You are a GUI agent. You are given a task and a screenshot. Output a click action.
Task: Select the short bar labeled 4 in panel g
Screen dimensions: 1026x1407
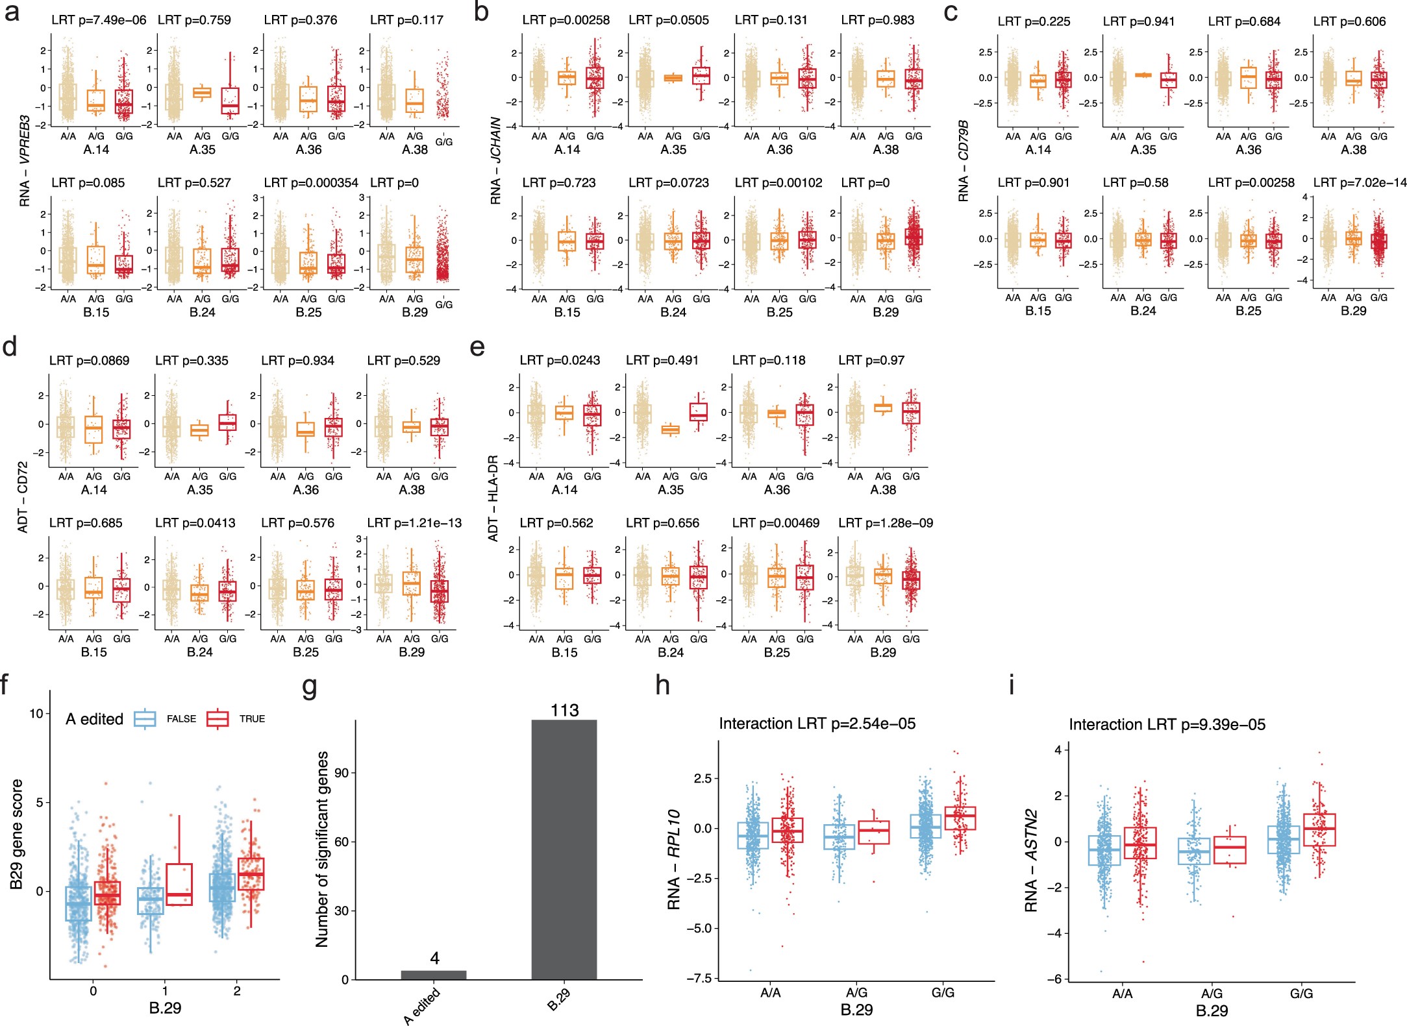434,975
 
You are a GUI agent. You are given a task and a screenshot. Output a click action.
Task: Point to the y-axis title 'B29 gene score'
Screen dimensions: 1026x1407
17,834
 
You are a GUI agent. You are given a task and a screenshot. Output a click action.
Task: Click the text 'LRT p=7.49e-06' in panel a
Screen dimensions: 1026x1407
99,20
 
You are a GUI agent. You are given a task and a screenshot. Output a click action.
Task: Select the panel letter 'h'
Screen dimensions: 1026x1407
662,686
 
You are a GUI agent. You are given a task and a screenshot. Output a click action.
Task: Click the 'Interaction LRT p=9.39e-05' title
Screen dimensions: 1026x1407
1167,724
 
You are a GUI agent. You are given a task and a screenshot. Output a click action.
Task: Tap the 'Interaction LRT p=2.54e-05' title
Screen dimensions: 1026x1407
817,724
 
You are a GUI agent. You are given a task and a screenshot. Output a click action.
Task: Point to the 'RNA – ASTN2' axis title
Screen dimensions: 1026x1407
1031,860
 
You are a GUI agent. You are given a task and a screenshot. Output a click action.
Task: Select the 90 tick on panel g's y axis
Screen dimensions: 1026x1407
342,773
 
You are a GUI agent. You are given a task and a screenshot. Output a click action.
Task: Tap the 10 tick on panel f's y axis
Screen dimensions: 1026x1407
36,713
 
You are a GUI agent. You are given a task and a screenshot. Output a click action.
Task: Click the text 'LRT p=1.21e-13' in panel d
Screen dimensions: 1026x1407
414,523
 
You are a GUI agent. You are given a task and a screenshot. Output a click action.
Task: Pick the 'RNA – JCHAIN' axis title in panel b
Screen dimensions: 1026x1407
496,160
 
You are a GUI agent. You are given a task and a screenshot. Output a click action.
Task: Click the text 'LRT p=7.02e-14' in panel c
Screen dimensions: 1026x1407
1360,183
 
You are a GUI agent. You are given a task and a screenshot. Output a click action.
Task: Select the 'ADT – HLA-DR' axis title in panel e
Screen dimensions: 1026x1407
493,498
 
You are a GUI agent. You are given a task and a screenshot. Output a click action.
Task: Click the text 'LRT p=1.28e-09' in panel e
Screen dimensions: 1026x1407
885,523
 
